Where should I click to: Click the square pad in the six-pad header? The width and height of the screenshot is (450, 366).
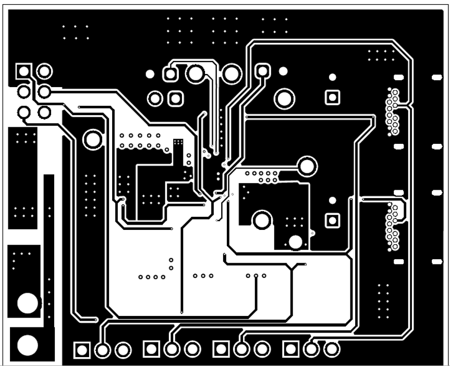click(23, 70)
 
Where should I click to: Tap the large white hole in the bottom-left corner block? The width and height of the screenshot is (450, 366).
click(27, 345)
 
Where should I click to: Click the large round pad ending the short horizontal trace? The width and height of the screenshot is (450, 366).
click(307, 166)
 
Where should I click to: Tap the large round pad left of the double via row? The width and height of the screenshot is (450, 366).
click(93, 139)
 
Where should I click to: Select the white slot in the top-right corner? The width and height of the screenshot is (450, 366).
click(437, 78)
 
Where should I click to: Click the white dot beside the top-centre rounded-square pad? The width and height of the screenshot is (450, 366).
click(283, 70)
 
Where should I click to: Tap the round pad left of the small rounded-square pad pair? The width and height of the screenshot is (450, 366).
click(155, 97)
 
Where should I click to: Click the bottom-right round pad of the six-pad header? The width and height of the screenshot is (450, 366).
click(44, 112)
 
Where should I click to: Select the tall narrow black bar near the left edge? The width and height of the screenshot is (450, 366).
click(49, 248)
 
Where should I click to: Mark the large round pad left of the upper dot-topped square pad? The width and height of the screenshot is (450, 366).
click(285, 98)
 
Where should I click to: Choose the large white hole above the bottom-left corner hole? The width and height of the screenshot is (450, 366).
click(27, 302)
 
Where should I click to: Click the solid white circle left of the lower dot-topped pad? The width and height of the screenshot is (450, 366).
click(296, 242)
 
